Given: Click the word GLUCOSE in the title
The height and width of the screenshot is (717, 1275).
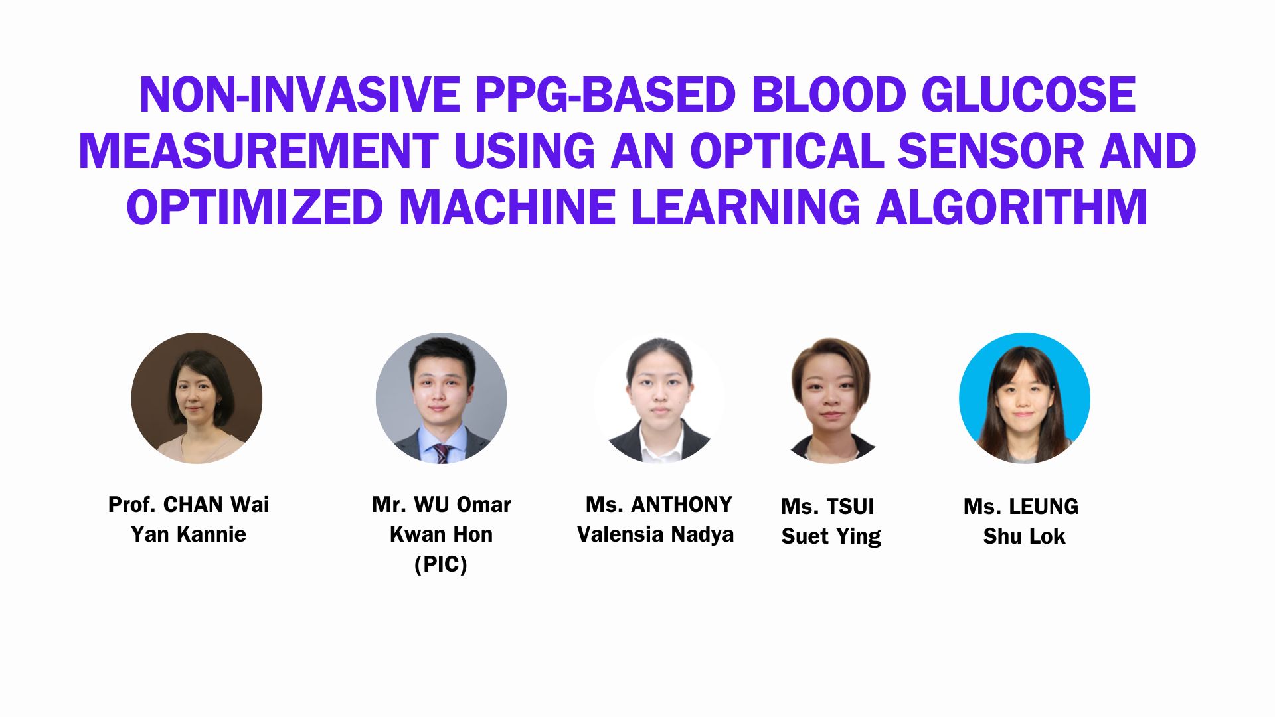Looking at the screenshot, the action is pos(1029,95).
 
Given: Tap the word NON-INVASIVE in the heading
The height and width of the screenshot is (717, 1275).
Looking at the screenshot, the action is pos(299,95).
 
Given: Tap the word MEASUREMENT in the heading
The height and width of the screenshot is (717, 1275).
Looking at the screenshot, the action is pos(258,151).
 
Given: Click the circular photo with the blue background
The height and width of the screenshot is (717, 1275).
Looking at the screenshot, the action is pos(1025,398).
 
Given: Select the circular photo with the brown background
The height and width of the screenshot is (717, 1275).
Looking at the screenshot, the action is pos(197,398).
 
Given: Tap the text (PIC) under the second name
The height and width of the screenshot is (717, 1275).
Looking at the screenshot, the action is pos(441,564).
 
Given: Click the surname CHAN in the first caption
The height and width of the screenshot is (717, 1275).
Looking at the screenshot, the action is pos(193,505).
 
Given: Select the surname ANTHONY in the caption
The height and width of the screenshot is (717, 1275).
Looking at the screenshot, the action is pos(681,505).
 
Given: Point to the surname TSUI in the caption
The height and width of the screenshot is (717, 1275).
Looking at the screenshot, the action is pos(850,507).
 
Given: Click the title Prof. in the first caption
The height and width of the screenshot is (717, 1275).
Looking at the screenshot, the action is pos(132,505).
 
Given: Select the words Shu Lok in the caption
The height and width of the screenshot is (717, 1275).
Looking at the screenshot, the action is pos(1025,536).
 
